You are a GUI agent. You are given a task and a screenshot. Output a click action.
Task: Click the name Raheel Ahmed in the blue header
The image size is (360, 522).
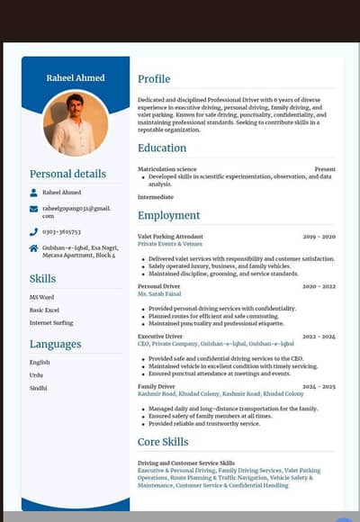[x=76, y=78]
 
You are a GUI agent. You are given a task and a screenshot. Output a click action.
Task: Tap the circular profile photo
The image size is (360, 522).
[x=76, y=123]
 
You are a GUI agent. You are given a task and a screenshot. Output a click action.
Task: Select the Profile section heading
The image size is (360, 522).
[x=154, y=79]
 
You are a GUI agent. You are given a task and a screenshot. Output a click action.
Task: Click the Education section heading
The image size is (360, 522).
[x=162, y=148]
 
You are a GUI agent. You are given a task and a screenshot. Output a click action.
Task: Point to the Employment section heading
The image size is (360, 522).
[x=169, y=216]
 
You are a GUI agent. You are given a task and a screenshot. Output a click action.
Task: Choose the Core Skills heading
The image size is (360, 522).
[x=163, y=442]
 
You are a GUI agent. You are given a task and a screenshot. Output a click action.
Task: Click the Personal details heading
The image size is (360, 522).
[x=67, y=175]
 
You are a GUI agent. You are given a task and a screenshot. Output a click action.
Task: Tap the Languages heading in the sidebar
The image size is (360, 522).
[x=55, y=344]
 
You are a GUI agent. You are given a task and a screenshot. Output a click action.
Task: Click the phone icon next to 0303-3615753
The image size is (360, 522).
[x=34, y=231]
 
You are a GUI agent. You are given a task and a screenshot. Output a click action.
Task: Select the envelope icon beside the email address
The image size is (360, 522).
[x=34, y=209]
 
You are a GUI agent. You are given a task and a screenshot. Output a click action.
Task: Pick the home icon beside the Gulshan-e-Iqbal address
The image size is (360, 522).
[x=34, y=248]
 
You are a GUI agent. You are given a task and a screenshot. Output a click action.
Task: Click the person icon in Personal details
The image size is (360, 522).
[x=34, y=193]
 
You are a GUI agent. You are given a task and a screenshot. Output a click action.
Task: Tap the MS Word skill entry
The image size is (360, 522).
[x=41, y=297]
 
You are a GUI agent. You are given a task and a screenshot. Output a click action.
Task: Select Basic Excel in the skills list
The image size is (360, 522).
[x=44, y=310]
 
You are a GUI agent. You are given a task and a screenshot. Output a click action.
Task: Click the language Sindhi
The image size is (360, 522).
[x=38, y=388]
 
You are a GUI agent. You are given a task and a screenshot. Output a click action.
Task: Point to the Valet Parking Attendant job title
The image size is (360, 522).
[x=170, y=237]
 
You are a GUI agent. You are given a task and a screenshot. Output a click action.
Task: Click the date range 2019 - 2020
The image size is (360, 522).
[x=319, y=237]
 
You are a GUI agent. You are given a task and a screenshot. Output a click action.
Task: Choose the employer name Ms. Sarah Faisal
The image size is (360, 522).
[x=159, y=293]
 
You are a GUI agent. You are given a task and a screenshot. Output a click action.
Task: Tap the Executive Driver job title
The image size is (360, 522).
[x=160, y=337]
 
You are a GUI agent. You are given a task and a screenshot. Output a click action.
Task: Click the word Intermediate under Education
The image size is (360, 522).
[x=156, y=196]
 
